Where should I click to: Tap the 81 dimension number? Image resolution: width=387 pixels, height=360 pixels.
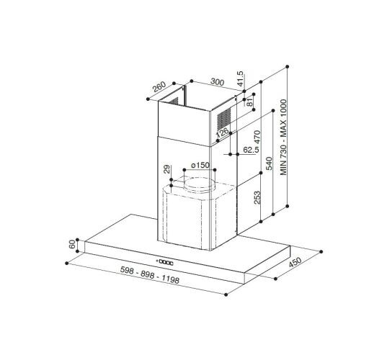(250, 104)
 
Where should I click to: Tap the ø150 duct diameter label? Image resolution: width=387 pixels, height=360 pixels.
(200, 166)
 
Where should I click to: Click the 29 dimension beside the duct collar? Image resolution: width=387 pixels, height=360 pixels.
(166, 170)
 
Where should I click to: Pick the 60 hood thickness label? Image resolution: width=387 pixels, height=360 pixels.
(71, 245)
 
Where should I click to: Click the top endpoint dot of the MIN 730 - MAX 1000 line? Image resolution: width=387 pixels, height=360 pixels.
(288, 66)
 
